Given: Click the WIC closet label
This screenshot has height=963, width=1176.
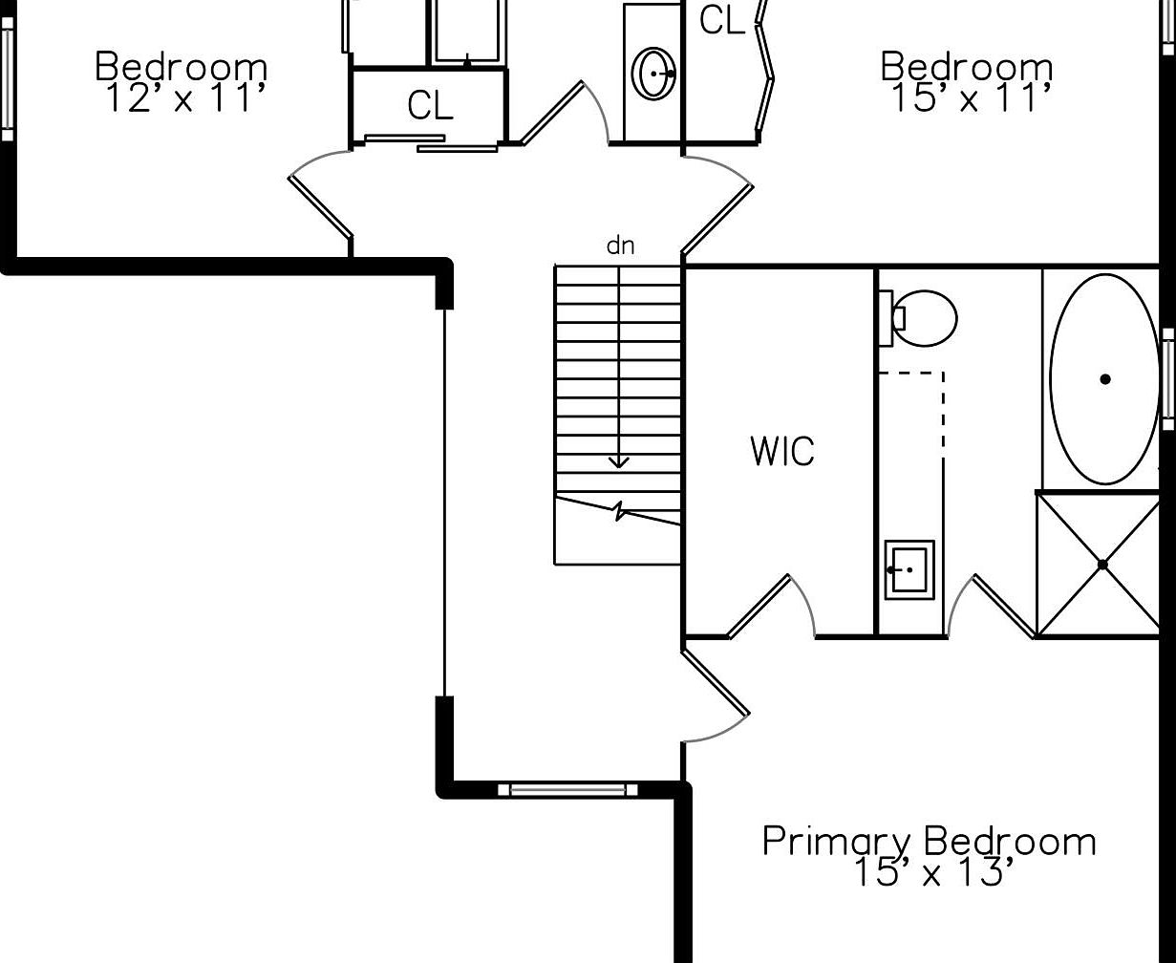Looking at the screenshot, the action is tap(782, 451).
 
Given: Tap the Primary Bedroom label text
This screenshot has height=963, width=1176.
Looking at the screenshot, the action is tap(929, 842).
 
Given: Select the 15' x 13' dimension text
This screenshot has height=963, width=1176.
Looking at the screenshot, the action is tap(933, 872).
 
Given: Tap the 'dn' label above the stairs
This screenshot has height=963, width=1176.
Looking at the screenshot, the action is tap(620, 246).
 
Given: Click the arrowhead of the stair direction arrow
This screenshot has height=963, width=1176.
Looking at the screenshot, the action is tap(618, 463).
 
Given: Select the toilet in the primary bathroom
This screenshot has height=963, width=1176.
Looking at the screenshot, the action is tap(918, 318).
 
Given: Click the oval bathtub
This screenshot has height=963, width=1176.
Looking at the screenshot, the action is tap(1104, 379).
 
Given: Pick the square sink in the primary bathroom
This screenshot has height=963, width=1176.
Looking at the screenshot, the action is tap(909, 569).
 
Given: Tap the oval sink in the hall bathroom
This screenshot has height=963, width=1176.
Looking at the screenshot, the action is tap(653, 74).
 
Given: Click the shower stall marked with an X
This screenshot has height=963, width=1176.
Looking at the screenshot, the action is tap(1098, 565).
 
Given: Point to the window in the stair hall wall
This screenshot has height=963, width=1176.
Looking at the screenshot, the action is tap(567, 789).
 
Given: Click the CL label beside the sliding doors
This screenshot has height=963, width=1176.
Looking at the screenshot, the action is tap(430, 105).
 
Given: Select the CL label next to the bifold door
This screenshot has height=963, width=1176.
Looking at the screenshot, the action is tap(722, 21).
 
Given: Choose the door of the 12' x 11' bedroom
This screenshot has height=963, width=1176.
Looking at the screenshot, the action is tap(320, 205).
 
